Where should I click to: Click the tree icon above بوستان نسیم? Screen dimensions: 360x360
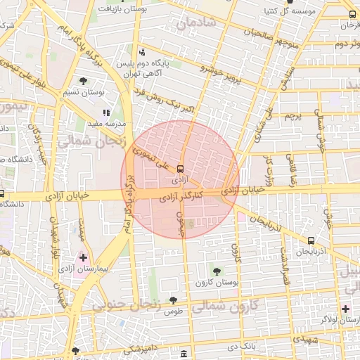point(84,81)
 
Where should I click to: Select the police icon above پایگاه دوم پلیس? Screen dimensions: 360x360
point(143,52)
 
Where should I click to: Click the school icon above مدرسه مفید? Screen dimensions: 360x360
point(106,112)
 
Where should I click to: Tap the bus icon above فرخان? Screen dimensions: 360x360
point(352,14)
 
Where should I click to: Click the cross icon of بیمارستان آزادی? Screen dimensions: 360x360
point(84,258)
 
